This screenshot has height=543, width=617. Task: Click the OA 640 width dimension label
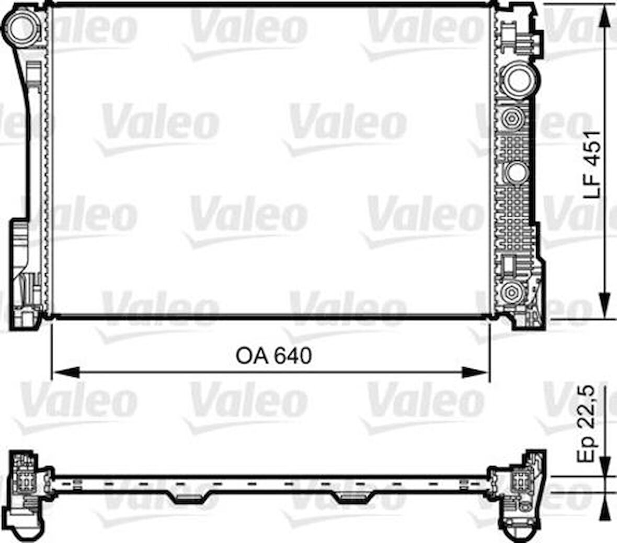[273, 356]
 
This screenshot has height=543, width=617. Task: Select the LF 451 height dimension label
[593, 164]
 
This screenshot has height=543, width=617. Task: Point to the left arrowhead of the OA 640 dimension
[66, 372]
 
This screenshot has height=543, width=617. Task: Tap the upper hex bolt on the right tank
[509, 119]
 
